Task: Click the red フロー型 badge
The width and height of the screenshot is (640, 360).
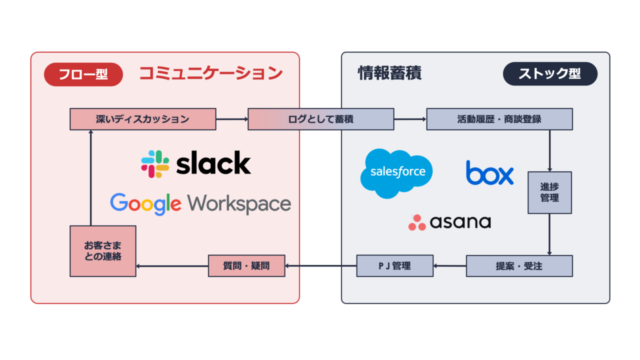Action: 83,73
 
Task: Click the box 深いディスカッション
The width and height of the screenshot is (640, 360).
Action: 144,120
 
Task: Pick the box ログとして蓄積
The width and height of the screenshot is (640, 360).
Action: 320,120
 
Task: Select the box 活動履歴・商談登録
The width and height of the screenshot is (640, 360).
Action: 499,120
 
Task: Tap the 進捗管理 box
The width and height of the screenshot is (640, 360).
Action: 550,192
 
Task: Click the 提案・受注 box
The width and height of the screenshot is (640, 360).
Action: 519,265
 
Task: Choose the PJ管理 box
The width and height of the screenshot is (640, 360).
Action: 395,265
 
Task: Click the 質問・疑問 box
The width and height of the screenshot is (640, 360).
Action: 245,265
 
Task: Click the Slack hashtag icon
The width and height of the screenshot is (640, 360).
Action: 155,164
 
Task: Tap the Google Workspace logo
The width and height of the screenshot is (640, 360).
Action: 200,204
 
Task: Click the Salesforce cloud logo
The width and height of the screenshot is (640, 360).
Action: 397,171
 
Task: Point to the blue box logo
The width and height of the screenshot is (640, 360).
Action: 490,173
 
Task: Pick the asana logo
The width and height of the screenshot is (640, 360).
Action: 449,222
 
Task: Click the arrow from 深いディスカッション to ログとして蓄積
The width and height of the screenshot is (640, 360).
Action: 233,120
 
